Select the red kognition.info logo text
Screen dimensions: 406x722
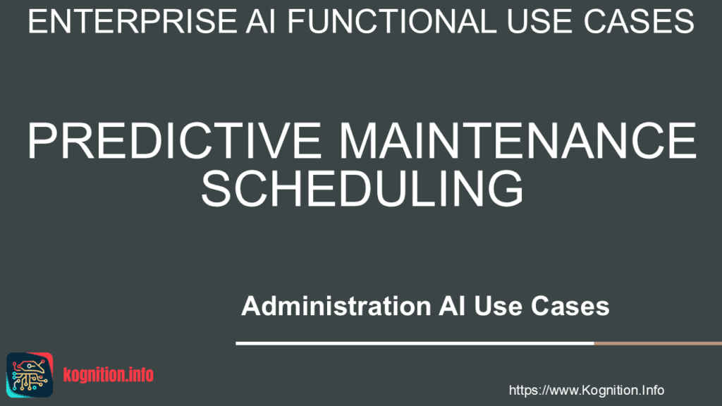[x=108, y=375]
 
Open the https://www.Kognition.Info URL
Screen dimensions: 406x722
[x=586, y=390]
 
